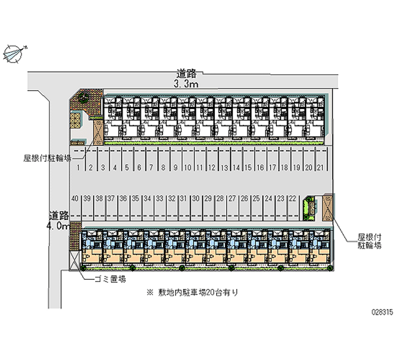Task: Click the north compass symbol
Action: coord(14,52)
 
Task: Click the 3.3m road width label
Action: coord(186,85)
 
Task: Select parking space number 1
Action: coord(79,168)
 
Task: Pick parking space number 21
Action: coord(320,168)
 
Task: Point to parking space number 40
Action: coord(75,198)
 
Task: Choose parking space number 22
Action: coord(293,198)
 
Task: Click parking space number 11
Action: coord(199,168)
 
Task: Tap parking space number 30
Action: coord(196,198)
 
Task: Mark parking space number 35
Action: coord(135,198)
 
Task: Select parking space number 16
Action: coord(260,168)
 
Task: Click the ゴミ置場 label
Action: coord(110,279)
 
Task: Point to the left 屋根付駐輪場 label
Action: coord(47,158)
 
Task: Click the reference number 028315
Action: coord(382,314)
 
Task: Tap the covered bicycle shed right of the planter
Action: coord(328,207)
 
